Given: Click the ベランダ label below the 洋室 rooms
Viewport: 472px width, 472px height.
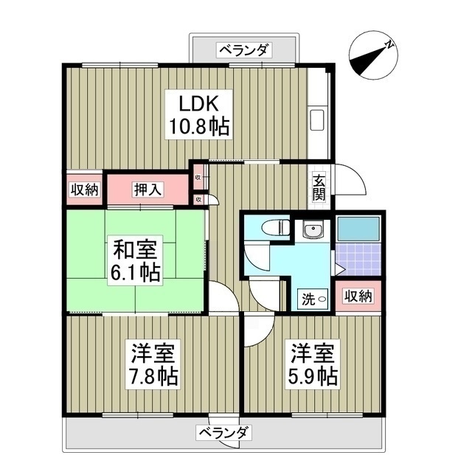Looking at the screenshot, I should [226, 432].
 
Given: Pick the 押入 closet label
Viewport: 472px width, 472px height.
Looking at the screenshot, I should [149, 190].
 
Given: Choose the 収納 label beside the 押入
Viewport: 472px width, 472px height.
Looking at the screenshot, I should [84, 190].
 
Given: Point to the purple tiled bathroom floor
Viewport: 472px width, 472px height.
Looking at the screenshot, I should [358, 259].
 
